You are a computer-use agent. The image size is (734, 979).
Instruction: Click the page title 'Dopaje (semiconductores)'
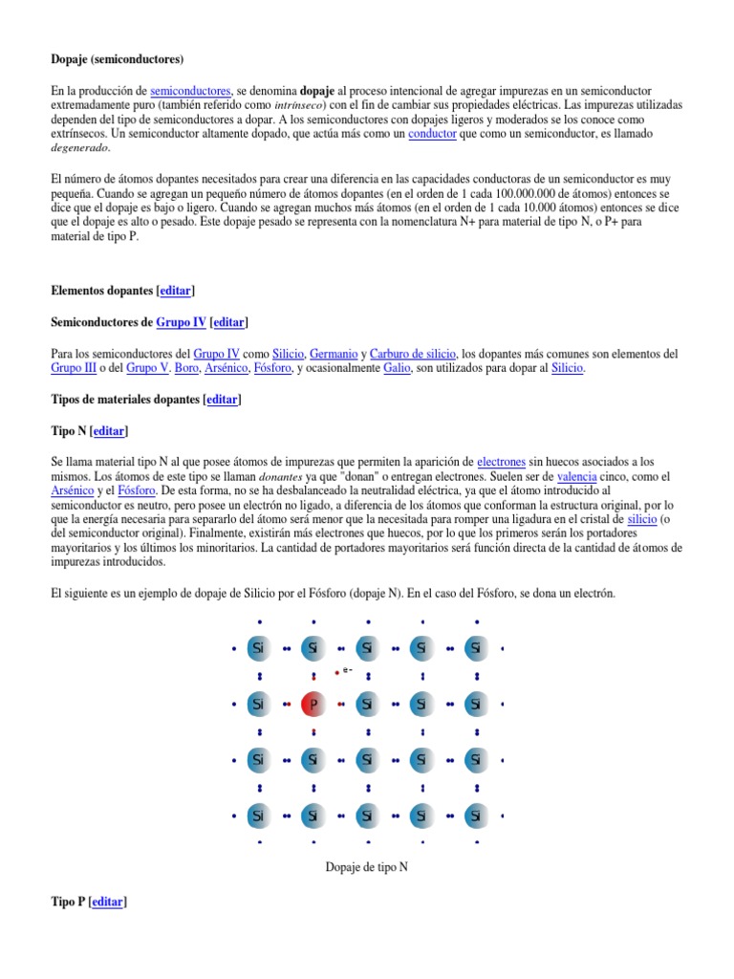coord(118,59)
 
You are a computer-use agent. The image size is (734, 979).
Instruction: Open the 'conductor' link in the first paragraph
coord(432,135)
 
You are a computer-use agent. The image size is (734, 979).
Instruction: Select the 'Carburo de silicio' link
coord(413,354)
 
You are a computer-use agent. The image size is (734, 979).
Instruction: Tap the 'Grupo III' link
coord(74,368)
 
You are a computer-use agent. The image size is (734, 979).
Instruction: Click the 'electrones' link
coord(501,462)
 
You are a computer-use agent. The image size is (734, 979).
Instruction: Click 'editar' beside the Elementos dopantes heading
coord(175,291)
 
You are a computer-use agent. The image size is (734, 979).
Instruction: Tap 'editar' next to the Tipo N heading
coord(108,431)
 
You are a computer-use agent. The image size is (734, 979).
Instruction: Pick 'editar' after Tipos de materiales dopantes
coord(224,400)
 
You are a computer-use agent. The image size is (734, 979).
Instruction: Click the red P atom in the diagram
coord(313,705)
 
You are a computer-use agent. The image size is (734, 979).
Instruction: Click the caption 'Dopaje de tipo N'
coord(367,866)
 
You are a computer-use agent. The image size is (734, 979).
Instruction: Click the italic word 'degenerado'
coord(80,149)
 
